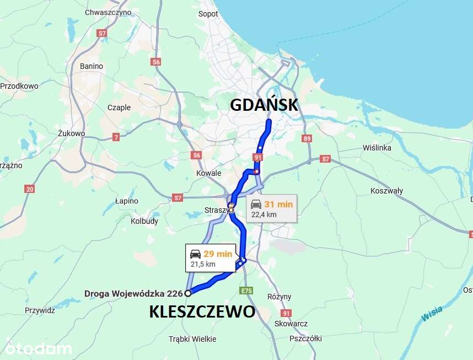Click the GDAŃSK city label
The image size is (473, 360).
pos(264,105)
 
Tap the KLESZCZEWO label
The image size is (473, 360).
pos(202,312)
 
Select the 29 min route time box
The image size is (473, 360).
pos(211,258)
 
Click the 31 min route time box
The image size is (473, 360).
pos(271,208)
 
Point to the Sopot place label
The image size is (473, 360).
pos(208,14)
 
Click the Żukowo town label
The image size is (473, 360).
pos(71,133)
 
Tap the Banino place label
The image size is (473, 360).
pos(92,66)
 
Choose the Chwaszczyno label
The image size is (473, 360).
pos(108,12)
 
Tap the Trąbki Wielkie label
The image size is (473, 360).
pos(193,339)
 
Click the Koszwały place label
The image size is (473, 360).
pos(387,191)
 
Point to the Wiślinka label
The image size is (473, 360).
pos(377,148)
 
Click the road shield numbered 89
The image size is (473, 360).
pos(307,139)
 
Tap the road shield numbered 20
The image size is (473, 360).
pos(30,189)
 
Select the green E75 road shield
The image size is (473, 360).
pos(246,290)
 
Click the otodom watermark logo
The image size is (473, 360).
pos(39,348)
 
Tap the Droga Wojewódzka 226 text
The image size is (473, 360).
pos(133,293)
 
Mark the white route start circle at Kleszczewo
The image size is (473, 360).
pos(188,293)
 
